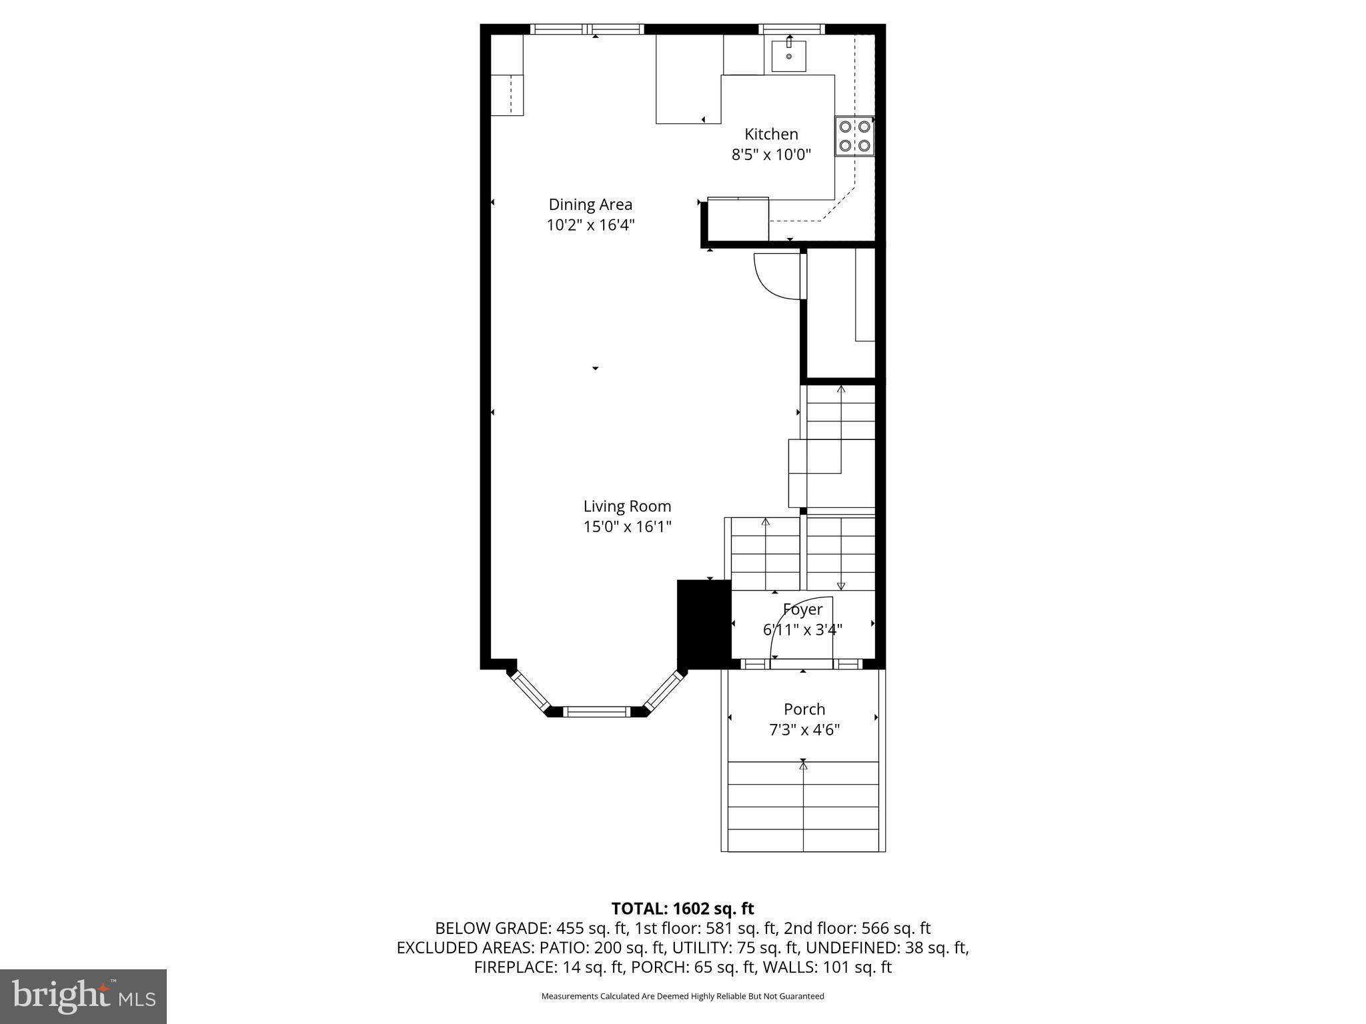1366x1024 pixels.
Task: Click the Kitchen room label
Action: [x=771, y=134]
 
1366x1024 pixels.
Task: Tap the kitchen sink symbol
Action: [x=789, y=56]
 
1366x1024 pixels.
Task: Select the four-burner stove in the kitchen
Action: [x=854, y=136]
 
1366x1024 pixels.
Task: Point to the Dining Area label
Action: [x=590, y=205]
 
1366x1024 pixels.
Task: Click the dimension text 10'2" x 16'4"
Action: [x=590, y=225]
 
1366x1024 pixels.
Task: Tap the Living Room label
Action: [x=627, y=506]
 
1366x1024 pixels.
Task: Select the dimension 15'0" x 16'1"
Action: [x=627, y=527]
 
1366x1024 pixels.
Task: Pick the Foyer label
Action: [x=802, y=609]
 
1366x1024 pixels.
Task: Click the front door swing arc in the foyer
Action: [x=790, y=620]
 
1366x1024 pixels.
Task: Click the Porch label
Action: [x=804, y=709]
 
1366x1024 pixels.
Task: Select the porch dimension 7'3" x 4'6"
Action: [x=804, y=730]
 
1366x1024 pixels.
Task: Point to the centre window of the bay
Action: [x=597, y=712]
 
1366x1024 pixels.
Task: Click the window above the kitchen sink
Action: [x=792, y=29]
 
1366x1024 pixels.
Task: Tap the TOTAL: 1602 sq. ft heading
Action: [x=682, y=909]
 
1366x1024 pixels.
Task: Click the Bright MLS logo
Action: [x=83, y=996]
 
